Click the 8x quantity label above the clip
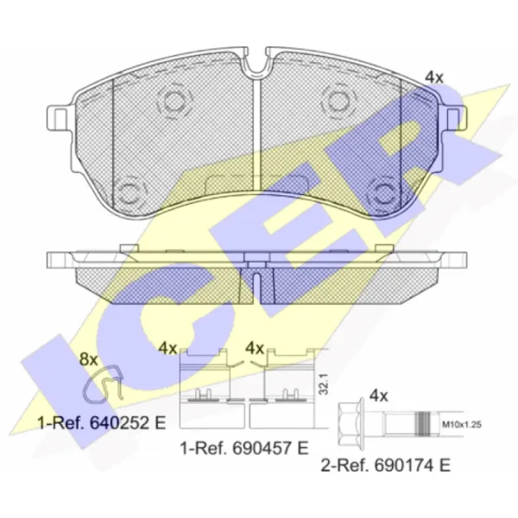(x=89, y=359)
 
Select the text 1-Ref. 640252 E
(x=102, y=423)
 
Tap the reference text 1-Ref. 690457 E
(x=244, y=448)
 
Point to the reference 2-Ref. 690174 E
(x=386, y=466)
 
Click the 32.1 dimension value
(x=324, y=384)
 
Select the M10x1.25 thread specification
(x=462, y=424)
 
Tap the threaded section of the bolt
(x=424, y=423)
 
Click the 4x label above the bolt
(x=379, y=395)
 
